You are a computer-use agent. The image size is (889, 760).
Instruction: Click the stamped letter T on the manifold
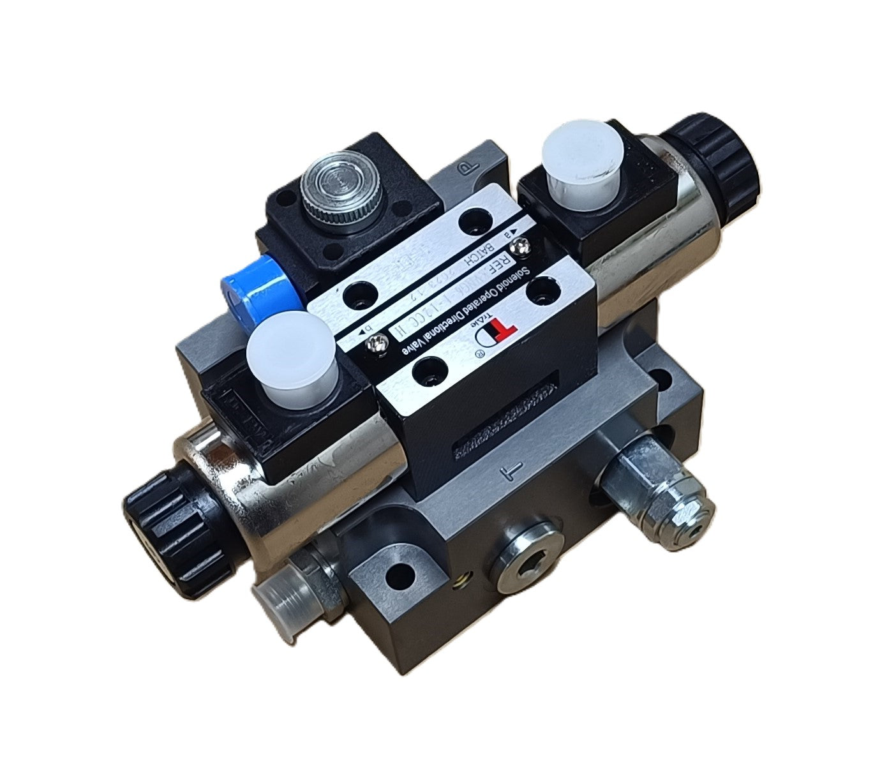pyautogui.click(x=510, y=473)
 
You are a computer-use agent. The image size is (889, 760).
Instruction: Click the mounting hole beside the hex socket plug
pyautogui.click(x=400, y=576)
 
